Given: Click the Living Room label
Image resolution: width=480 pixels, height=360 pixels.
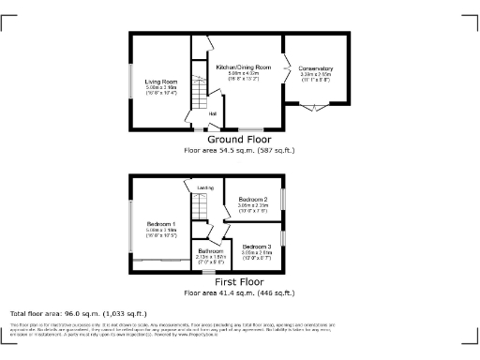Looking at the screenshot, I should click(x=155, y=82).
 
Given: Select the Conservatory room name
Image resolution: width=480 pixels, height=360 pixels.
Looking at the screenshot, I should click(x=316, y=68).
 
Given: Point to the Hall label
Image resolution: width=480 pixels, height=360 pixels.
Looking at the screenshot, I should click(x=213, y=114).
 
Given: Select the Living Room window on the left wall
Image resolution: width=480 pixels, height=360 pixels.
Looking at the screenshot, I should click(x=131, y=82).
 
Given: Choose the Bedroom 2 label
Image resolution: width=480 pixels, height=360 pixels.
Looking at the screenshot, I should click(x=253, y=200).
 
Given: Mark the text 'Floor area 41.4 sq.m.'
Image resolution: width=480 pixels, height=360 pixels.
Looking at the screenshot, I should click(x=215, y=292).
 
